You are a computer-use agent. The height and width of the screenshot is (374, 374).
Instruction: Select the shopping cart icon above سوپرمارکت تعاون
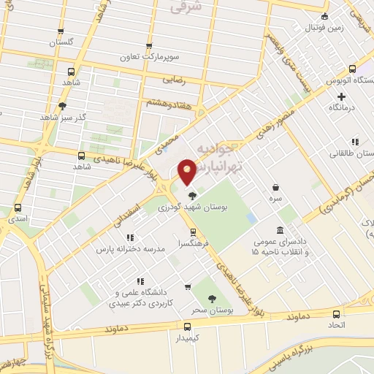pyautogui.click(x=150, y=45)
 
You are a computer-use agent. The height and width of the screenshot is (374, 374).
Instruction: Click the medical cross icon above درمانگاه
pyautogui.click(x=341, y=96)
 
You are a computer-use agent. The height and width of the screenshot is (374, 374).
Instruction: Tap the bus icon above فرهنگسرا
pyautogui.click(x=193, y=232)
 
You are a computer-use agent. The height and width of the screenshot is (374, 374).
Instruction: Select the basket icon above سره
pyautogui.click(x=275, y=188)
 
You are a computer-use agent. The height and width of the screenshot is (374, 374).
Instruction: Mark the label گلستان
pyautogui.click(x=61, y=42)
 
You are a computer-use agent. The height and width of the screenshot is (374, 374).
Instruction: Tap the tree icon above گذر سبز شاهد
pyautogui.click(x=62, y=105)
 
